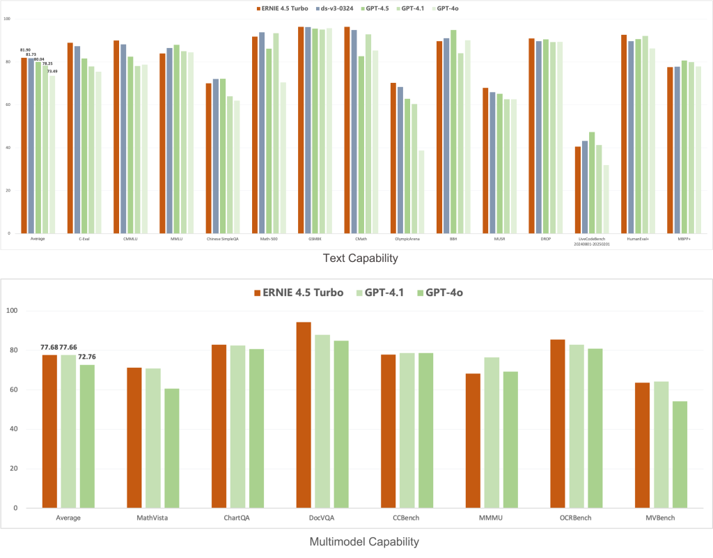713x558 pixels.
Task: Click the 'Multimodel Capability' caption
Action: pyautogui.click(x=356, y=541)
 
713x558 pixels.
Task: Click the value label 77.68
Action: pyautogui.click(x=49, y=347)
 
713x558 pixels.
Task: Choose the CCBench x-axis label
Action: pyautogui.click(x=407, y=519)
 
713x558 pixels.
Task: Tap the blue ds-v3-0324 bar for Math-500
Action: pyautogui.click(x=262, y=132)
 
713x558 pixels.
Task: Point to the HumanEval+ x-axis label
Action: pyautogui.click(x=634, y=239)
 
